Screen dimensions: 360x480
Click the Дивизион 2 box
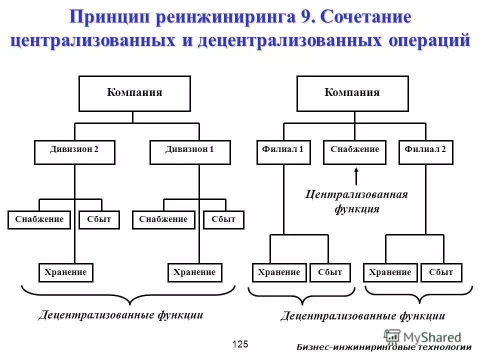point(74,152)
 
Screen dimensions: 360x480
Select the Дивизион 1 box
point(190,152)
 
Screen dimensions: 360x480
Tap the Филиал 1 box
point(283,152)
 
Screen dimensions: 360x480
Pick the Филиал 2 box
point(425,152)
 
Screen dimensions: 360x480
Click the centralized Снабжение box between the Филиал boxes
point(354,152)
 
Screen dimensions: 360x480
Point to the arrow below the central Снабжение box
point(356,176)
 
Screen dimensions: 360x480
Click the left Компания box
point(134,93)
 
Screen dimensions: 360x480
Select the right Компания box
point(352,93)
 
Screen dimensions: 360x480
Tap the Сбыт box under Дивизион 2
point(99,220)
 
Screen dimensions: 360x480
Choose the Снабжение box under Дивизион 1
point(163,220)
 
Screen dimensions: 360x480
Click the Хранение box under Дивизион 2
point(65,273)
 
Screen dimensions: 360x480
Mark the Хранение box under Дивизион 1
point(194,273)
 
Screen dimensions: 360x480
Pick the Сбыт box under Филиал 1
point(330,273)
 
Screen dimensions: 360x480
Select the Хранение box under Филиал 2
point(390,273)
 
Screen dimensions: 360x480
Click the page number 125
point(240,344)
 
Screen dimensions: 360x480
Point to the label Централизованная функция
point(356,201)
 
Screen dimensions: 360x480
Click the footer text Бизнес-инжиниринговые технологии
point(384,347)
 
